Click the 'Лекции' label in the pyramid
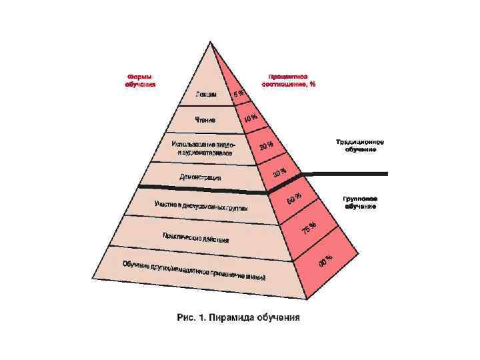coord(206,94)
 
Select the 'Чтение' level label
coord(205,120)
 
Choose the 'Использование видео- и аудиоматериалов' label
coord(204,148)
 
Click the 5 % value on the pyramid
coord(239,95)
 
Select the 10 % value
coord(251,118)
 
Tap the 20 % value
coord(266,145)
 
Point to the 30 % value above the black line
coord(280,173)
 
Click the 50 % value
coord(294,198)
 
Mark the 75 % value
coord(309,229)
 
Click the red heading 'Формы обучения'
coord(141,80)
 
